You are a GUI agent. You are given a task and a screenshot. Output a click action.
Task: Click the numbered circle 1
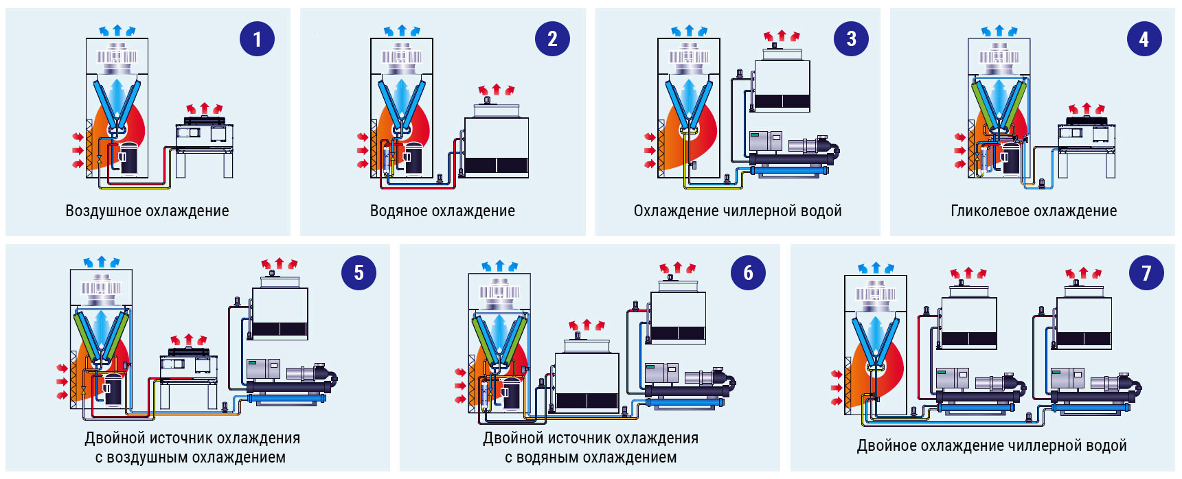click(x=257, y=39)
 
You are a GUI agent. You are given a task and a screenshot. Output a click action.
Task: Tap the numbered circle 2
click(x=552, y=39)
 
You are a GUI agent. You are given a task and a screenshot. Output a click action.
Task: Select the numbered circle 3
click(x=851, y=39)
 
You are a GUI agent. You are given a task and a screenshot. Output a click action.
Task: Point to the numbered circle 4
click(x=1144, y=39)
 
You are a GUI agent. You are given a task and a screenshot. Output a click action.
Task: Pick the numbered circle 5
click(x=359, y=272)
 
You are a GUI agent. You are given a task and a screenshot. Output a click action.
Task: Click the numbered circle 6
click(x=748, y=272)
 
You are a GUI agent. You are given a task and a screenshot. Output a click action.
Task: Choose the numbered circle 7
click(x=1146, y=272)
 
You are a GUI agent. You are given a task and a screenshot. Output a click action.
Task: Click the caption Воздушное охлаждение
click(x=147, y=211)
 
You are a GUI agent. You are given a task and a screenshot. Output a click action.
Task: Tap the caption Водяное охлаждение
click(x=442, y=211)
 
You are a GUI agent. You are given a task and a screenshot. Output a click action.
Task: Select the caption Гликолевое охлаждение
click(x=1034, y=211)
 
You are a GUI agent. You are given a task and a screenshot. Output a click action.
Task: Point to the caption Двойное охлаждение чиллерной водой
click(x=992, y=445)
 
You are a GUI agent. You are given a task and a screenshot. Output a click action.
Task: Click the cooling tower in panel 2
click(x=497, y=141)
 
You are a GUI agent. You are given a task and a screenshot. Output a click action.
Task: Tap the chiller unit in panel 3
click(x=793, y=154)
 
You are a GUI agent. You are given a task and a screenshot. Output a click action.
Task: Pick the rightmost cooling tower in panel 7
click(x=1083, y=319)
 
